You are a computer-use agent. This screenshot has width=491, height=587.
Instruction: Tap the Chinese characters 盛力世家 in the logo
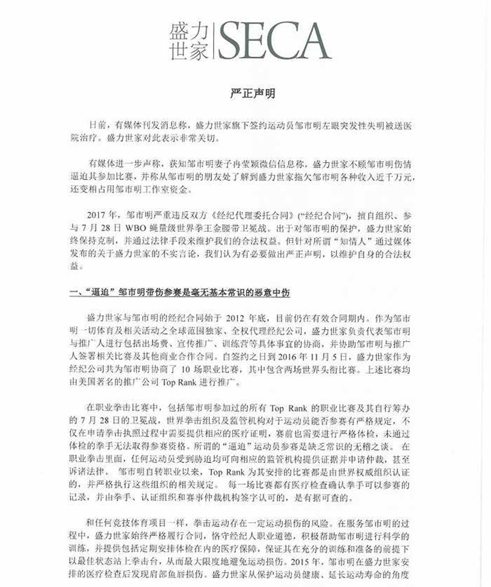(190, 41)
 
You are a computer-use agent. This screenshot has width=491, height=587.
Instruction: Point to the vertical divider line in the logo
(215, 41)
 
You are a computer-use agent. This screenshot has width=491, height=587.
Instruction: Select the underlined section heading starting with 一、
(179, 293)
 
